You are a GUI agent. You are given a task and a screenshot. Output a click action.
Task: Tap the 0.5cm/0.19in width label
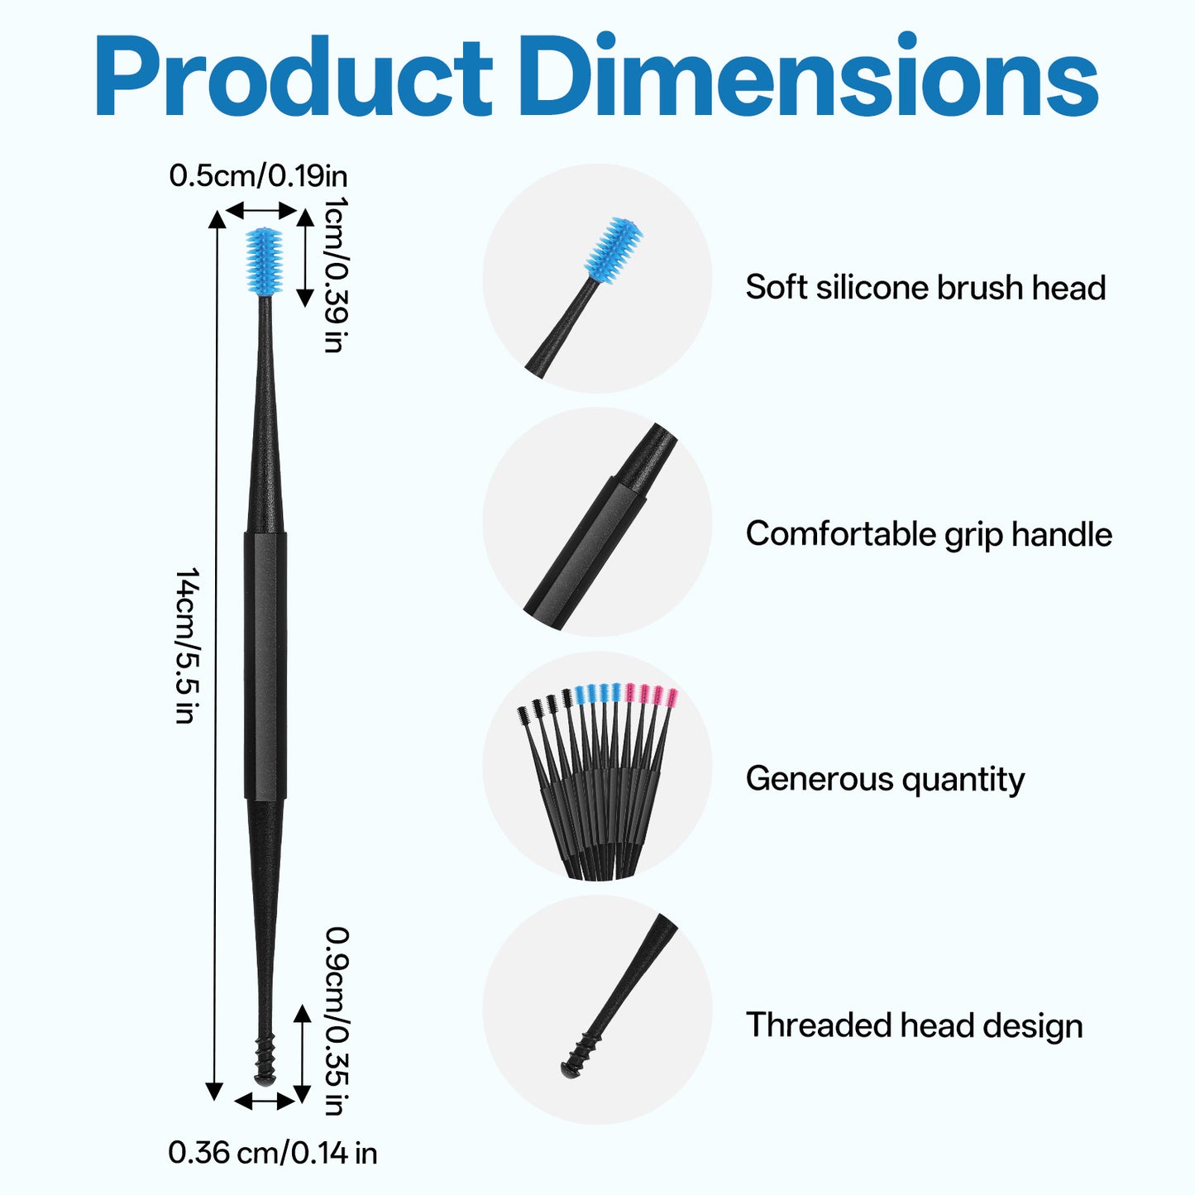click(x=258, y=176)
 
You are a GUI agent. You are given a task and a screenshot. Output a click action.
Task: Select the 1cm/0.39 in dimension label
click(x=336, y=274)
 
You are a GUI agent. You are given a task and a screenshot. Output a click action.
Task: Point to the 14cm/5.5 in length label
click(x=187, y=646)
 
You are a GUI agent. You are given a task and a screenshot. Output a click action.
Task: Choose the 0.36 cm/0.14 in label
click(x=272, y=1154)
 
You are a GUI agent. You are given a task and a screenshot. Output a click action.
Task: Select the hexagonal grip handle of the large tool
click(x=265, y=666)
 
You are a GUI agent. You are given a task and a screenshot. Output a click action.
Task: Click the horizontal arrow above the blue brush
click(x=261, y=211)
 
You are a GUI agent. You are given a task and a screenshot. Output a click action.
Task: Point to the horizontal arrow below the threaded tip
click(x=265, y=1102)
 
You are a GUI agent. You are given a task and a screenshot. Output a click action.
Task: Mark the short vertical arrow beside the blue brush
click(x=305, y=258)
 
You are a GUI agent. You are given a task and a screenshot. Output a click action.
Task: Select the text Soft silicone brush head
click(x=925, y=288)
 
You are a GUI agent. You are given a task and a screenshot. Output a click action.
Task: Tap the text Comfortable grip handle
click(x=929, y=534)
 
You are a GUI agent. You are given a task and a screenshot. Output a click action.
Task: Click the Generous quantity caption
click(x=885, y=780)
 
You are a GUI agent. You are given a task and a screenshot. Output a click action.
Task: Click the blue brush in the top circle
click(x=613, y=250)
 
